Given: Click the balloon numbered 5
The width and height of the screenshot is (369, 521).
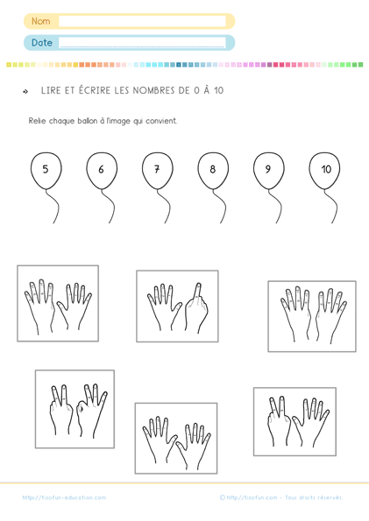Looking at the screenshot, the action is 46,171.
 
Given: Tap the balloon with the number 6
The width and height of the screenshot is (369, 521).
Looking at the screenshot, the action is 102,171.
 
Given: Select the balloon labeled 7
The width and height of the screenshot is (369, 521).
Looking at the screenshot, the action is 158,171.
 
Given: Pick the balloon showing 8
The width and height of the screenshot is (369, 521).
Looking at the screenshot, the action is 213,171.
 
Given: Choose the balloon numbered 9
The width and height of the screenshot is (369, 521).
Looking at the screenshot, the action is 268,171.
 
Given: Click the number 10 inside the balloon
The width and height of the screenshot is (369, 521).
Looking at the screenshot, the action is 326,170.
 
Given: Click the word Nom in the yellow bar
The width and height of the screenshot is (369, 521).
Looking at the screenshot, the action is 41,21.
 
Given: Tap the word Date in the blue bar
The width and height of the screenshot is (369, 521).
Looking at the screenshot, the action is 42,43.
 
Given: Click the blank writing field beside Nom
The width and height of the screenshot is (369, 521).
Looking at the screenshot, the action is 142,21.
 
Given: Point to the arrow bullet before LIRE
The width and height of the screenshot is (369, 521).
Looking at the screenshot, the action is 25,91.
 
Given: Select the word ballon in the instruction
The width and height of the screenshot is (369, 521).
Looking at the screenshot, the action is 87,121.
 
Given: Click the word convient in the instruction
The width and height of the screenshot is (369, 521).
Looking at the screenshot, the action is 161,121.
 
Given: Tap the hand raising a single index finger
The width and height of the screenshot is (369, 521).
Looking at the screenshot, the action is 196,307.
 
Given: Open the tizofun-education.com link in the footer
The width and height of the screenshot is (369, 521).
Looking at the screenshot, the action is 64,497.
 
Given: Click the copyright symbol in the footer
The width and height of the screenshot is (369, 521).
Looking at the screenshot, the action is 223,497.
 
